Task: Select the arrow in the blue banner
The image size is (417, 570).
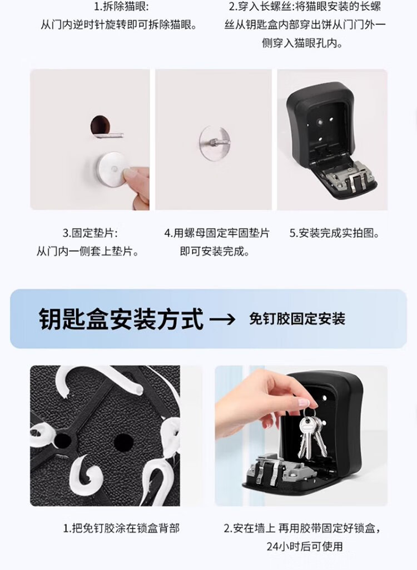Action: point(223,319)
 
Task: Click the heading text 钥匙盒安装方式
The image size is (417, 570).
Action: point(121,319)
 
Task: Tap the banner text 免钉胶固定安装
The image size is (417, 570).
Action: point(297,319)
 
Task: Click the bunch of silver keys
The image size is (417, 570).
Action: point(311,436)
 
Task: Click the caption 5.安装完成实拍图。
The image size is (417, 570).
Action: point(334,233)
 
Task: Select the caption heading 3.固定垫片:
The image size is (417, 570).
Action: point(90,233)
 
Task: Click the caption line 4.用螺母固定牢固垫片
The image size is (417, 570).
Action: point(216,233)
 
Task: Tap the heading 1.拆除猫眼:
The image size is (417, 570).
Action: point(122,7)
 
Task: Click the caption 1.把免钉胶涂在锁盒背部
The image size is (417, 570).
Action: point(122,528)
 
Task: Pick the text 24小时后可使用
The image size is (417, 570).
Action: point(305,546)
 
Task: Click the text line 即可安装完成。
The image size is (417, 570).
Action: point(215,251)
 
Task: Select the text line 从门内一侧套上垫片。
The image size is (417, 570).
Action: point(88,251)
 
